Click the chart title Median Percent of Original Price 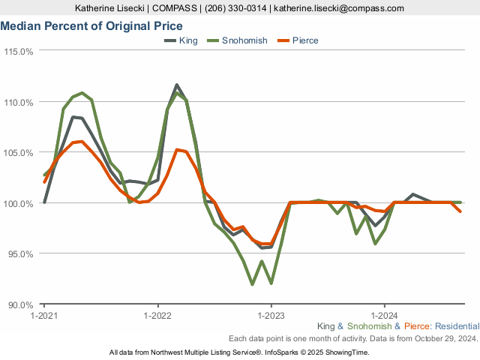(91, 26)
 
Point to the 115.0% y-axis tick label (19, 52)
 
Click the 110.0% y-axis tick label (19, 102)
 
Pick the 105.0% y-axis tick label (19, 153)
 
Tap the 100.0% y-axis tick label (19, 203)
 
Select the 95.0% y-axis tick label (20, 254)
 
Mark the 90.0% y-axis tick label (20, 304)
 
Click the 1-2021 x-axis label (44, 316)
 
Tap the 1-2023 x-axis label (271, 316)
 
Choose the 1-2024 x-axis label (384, 316)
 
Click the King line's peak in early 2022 (176, 85)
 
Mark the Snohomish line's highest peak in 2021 (82, 93)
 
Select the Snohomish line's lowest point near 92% (252, 284)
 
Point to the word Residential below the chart (457, 327)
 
